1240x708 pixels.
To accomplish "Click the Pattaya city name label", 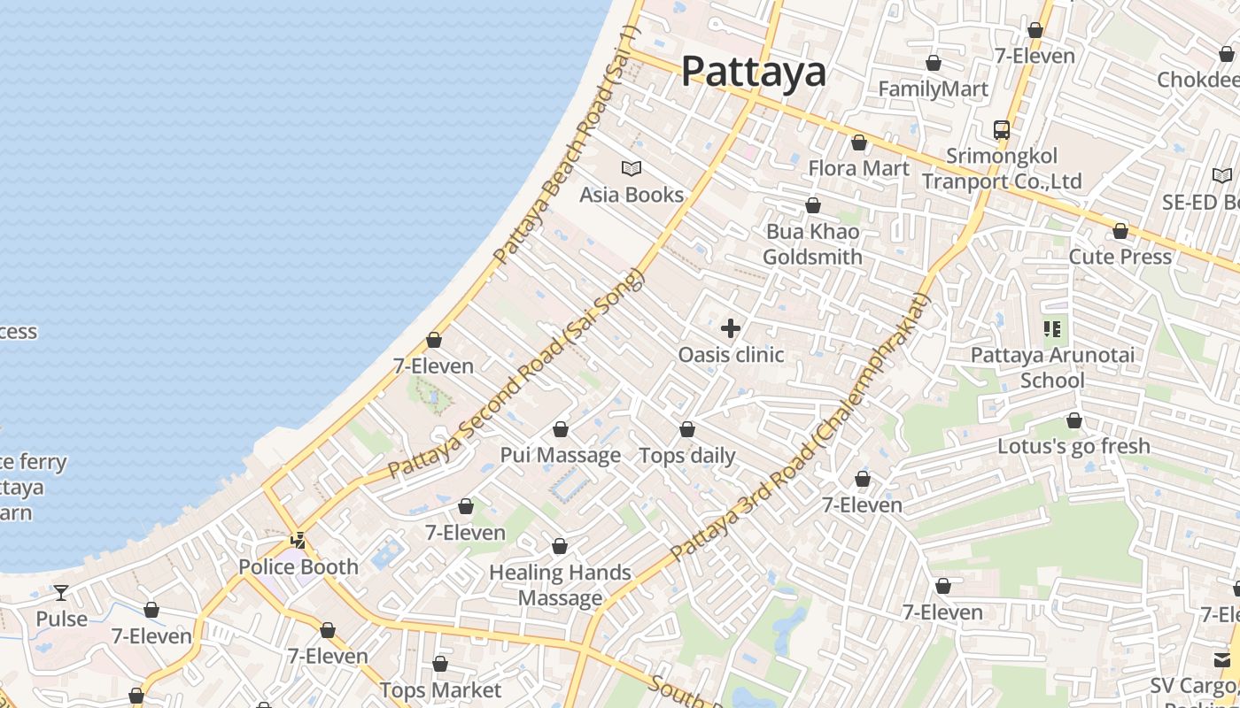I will pyautogui.click(x=753, y=71).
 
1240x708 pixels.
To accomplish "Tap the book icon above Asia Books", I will pyautogui.click(x=632, y=168).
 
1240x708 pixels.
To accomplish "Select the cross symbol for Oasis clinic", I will pyautogui.click(x=731, y=329).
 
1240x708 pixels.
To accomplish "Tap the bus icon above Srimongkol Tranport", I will pyautogui.click(x=1002, y=129).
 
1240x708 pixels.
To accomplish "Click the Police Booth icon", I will pyautogui.click(x=298, y=540).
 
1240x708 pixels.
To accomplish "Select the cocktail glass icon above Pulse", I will pyautogui.click(x=61, y=592).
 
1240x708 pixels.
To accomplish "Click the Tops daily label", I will pyautogui.click(x=687, y=456).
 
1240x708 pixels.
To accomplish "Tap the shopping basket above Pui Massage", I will pyautogui.click(x=561, y=430).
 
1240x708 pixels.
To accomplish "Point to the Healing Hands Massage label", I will pyautogui.click(x=560, y=585).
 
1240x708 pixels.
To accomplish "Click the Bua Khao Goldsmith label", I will pyautogui.click(x=812, y=244).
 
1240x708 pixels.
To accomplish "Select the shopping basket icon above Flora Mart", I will pyautogui.click(x=858, y=142).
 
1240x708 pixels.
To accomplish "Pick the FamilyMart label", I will pyautogui.click(x=933, y=89).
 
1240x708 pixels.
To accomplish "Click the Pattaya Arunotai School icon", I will pyautogui.click(x=1052, y=330).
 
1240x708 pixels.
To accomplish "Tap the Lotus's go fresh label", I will pyautogui.click(x=1073, y=446).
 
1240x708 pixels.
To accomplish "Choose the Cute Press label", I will pyautogui.click(x=1120, y=257).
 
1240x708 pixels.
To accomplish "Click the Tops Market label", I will pyautogui.click(x=440, y=689).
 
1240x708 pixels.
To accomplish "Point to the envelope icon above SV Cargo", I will pyautogui.click(x=1222, y=659).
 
